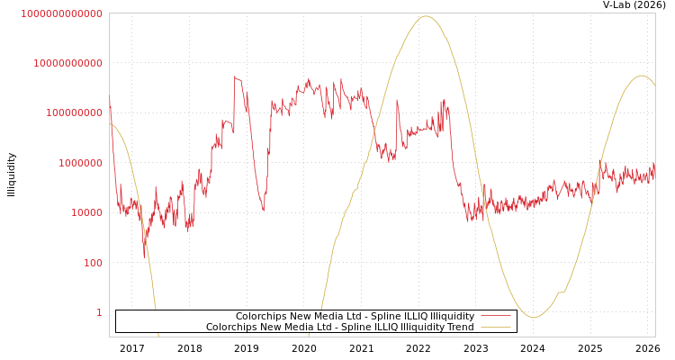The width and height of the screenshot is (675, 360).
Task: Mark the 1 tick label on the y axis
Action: pyautogui.click(x=99, y=312)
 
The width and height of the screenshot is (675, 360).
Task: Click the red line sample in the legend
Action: pyautogui.click(x=495, y=317)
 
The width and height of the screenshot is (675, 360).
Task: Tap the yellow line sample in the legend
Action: pyautogui.click(x=495, y=328)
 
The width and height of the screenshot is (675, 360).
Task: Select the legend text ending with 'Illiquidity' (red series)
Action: pyautogui.click(x=355, y=317)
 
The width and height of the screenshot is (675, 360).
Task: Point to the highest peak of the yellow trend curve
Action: pyautogui.click(x=426, y=16)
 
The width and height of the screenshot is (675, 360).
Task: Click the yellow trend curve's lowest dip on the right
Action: pyautogui.click(x=533, y=317)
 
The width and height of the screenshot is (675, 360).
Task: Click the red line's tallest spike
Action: pyautogui.click(x=235, y=76)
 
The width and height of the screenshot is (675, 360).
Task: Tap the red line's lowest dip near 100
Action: pyautogui.click(x=144, y=256)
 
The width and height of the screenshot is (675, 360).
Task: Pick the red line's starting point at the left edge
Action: pyautogui.click(x=110, y=99)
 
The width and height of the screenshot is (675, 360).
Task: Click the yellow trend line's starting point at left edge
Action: pyautogui.click(x=110, y=123)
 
